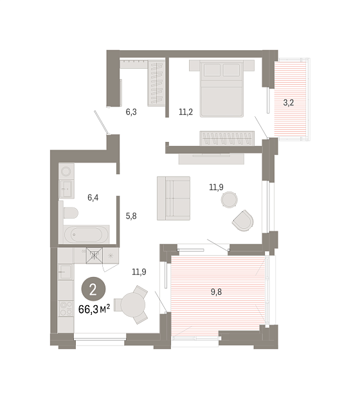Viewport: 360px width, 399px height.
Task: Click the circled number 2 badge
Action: pos(93,289)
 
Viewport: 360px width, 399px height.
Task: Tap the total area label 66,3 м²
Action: pos(94,309)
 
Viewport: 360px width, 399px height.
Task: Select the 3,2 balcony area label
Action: pos(289,103)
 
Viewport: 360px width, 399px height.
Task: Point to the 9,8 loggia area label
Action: pos(216,292)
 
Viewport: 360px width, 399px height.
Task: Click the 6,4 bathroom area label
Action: pos(93,197)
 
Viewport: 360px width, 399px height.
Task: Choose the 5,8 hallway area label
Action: pos(131,216)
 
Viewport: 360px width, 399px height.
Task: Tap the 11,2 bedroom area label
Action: pos(186,112)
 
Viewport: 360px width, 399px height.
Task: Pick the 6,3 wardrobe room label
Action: pos(131,112)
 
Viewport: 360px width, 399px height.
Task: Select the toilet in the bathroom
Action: pos(71,213)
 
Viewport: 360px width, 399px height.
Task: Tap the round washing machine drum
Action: pos(66,171)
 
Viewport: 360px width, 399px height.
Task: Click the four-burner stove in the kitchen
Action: pos(66,308)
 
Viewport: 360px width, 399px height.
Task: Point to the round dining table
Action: pos(132,305)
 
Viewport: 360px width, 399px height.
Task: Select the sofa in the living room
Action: pos(174,198)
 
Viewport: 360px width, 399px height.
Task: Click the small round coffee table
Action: pos(229,199)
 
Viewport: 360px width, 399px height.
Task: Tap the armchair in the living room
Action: pos(243,220)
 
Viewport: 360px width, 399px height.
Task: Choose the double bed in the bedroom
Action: pos(221,89)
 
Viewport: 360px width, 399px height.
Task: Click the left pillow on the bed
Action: pos(212,70)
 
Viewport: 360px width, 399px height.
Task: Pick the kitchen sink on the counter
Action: pos(66,272)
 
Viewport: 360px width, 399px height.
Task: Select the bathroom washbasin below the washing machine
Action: pos(67,189)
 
